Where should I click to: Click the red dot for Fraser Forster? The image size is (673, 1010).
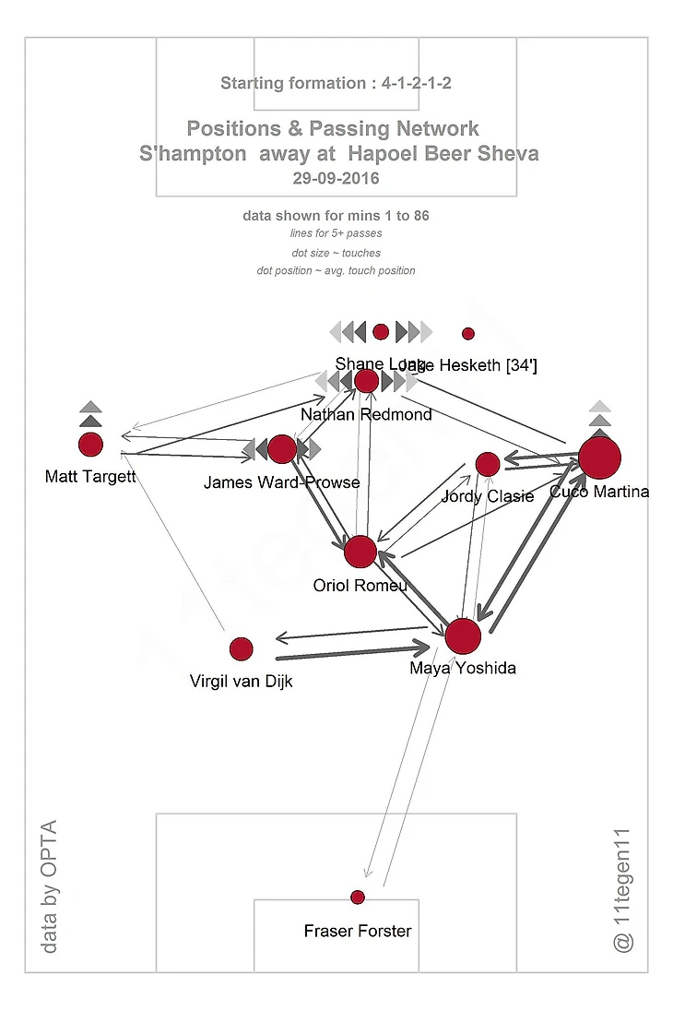[358, 897]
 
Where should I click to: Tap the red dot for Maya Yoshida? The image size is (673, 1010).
[463, 636]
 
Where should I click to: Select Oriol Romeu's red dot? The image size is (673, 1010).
[360, 552]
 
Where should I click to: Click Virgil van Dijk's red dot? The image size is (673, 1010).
[241, 649]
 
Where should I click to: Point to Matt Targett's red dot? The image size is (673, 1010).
[90, 445]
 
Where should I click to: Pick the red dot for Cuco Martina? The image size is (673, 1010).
[600, 457]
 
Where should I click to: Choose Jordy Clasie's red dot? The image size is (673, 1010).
[487, 464]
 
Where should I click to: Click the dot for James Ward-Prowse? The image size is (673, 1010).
[282, 449]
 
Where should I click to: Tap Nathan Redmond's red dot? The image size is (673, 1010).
[366, 381]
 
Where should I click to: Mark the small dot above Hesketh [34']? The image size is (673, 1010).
[467, 334]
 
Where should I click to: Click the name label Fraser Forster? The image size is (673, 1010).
[358, 932]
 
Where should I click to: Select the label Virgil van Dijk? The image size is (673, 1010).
[241, 683]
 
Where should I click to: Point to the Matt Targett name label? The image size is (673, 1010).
[90, 477]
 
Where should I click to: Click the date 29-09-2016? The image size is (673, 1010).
[336, 178]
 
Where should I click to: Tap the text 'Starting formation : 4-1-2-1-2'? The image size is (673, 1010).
[336, 84]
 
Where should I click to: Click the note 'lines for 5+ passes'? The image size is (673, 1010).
[336, 234]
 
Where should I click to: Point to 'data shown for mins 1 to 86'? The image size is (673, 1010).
[336, 216]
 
